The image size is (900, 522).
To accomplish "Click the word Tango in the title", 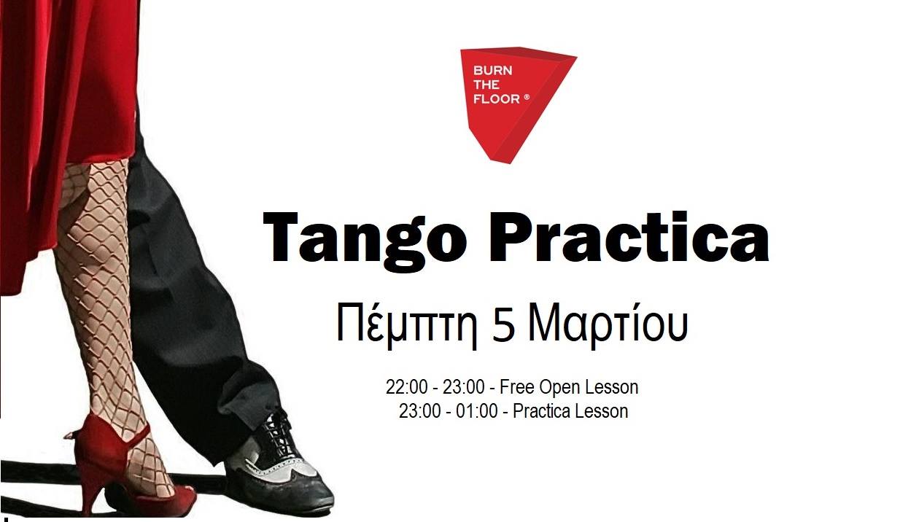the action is tap(365, 242).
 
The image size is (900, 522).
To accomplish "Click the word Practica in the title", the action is tap(629, 237).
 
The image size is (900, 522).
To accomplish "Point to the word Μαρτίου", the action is tap(608, 325).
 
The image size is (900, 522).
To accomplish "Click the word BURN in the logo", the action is tap(493, 71).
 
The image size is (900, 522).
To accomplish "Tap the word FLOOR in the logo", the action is tap(497, 98).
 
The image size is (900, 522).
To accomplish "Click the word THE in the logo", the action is tap(486, 85).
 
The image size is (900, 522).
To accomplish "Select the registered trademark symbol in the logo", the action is tap(527, 97).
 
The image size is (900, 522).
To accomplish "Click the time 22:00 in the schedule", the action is tap(407, 387).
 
